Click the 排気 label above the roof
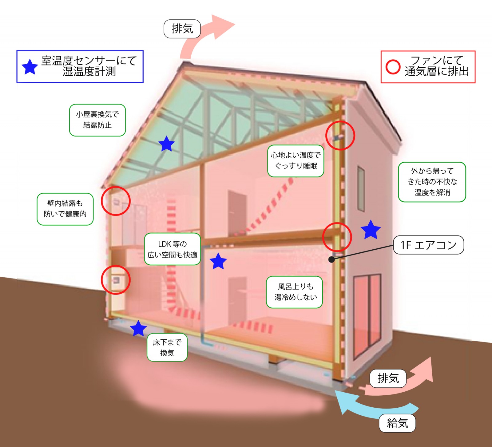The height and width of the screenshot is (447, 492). point(182,29)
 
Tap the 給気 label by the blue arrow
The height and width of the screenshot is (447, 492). point(397,423)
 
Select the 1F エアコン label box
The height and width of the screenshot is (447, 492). point(428,245)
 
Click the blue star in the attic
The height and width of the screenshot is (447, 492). point(166,144)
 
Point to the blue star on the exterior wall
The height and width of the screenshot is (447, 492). point(371,230)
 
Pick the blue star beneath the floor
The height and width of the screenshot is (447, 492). point(138,328)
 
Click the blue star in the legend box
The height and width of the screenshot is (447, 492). point(30,67)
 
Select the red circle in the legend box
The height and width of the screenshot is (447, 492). point(393,67)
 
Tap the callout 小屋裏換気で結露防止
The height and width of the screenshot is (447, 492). point(97,120)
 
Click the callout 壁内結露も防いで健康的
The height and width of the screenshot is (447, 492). point(65,209)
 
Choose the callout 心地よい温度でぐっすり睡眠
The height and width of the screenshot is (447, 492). point(296,161)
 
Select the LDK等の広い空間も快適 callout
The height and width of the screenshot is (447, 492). point(172,249)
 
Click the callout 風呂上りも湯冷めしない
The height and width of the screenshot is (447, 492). point(294,292)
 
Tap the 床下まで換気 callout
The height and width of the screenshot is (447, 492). point(167,347)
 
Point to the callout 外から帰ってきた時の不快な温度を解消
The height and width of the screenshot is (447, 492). point(432,182)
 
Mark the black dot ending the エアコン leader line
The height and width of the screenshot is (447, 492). point(331,259)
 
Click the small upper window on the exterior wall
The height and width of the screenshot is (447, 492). point(361,188)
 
